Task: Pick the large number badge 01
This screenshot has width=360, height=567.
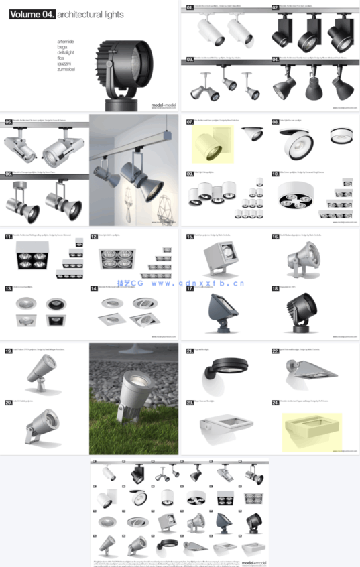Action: point(190,7)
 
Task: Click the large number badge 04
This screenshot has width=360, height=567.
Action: point(275,60)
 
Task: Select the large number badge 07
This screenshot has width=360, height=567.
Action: point(190,122)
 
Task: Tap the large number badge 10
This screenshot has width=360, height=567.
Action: point(275,173)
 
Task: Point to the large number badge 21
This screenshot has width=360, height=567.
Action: point(190,351)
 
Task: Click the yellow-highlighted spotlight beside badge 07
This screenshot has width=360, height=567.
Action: point(211,145)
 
